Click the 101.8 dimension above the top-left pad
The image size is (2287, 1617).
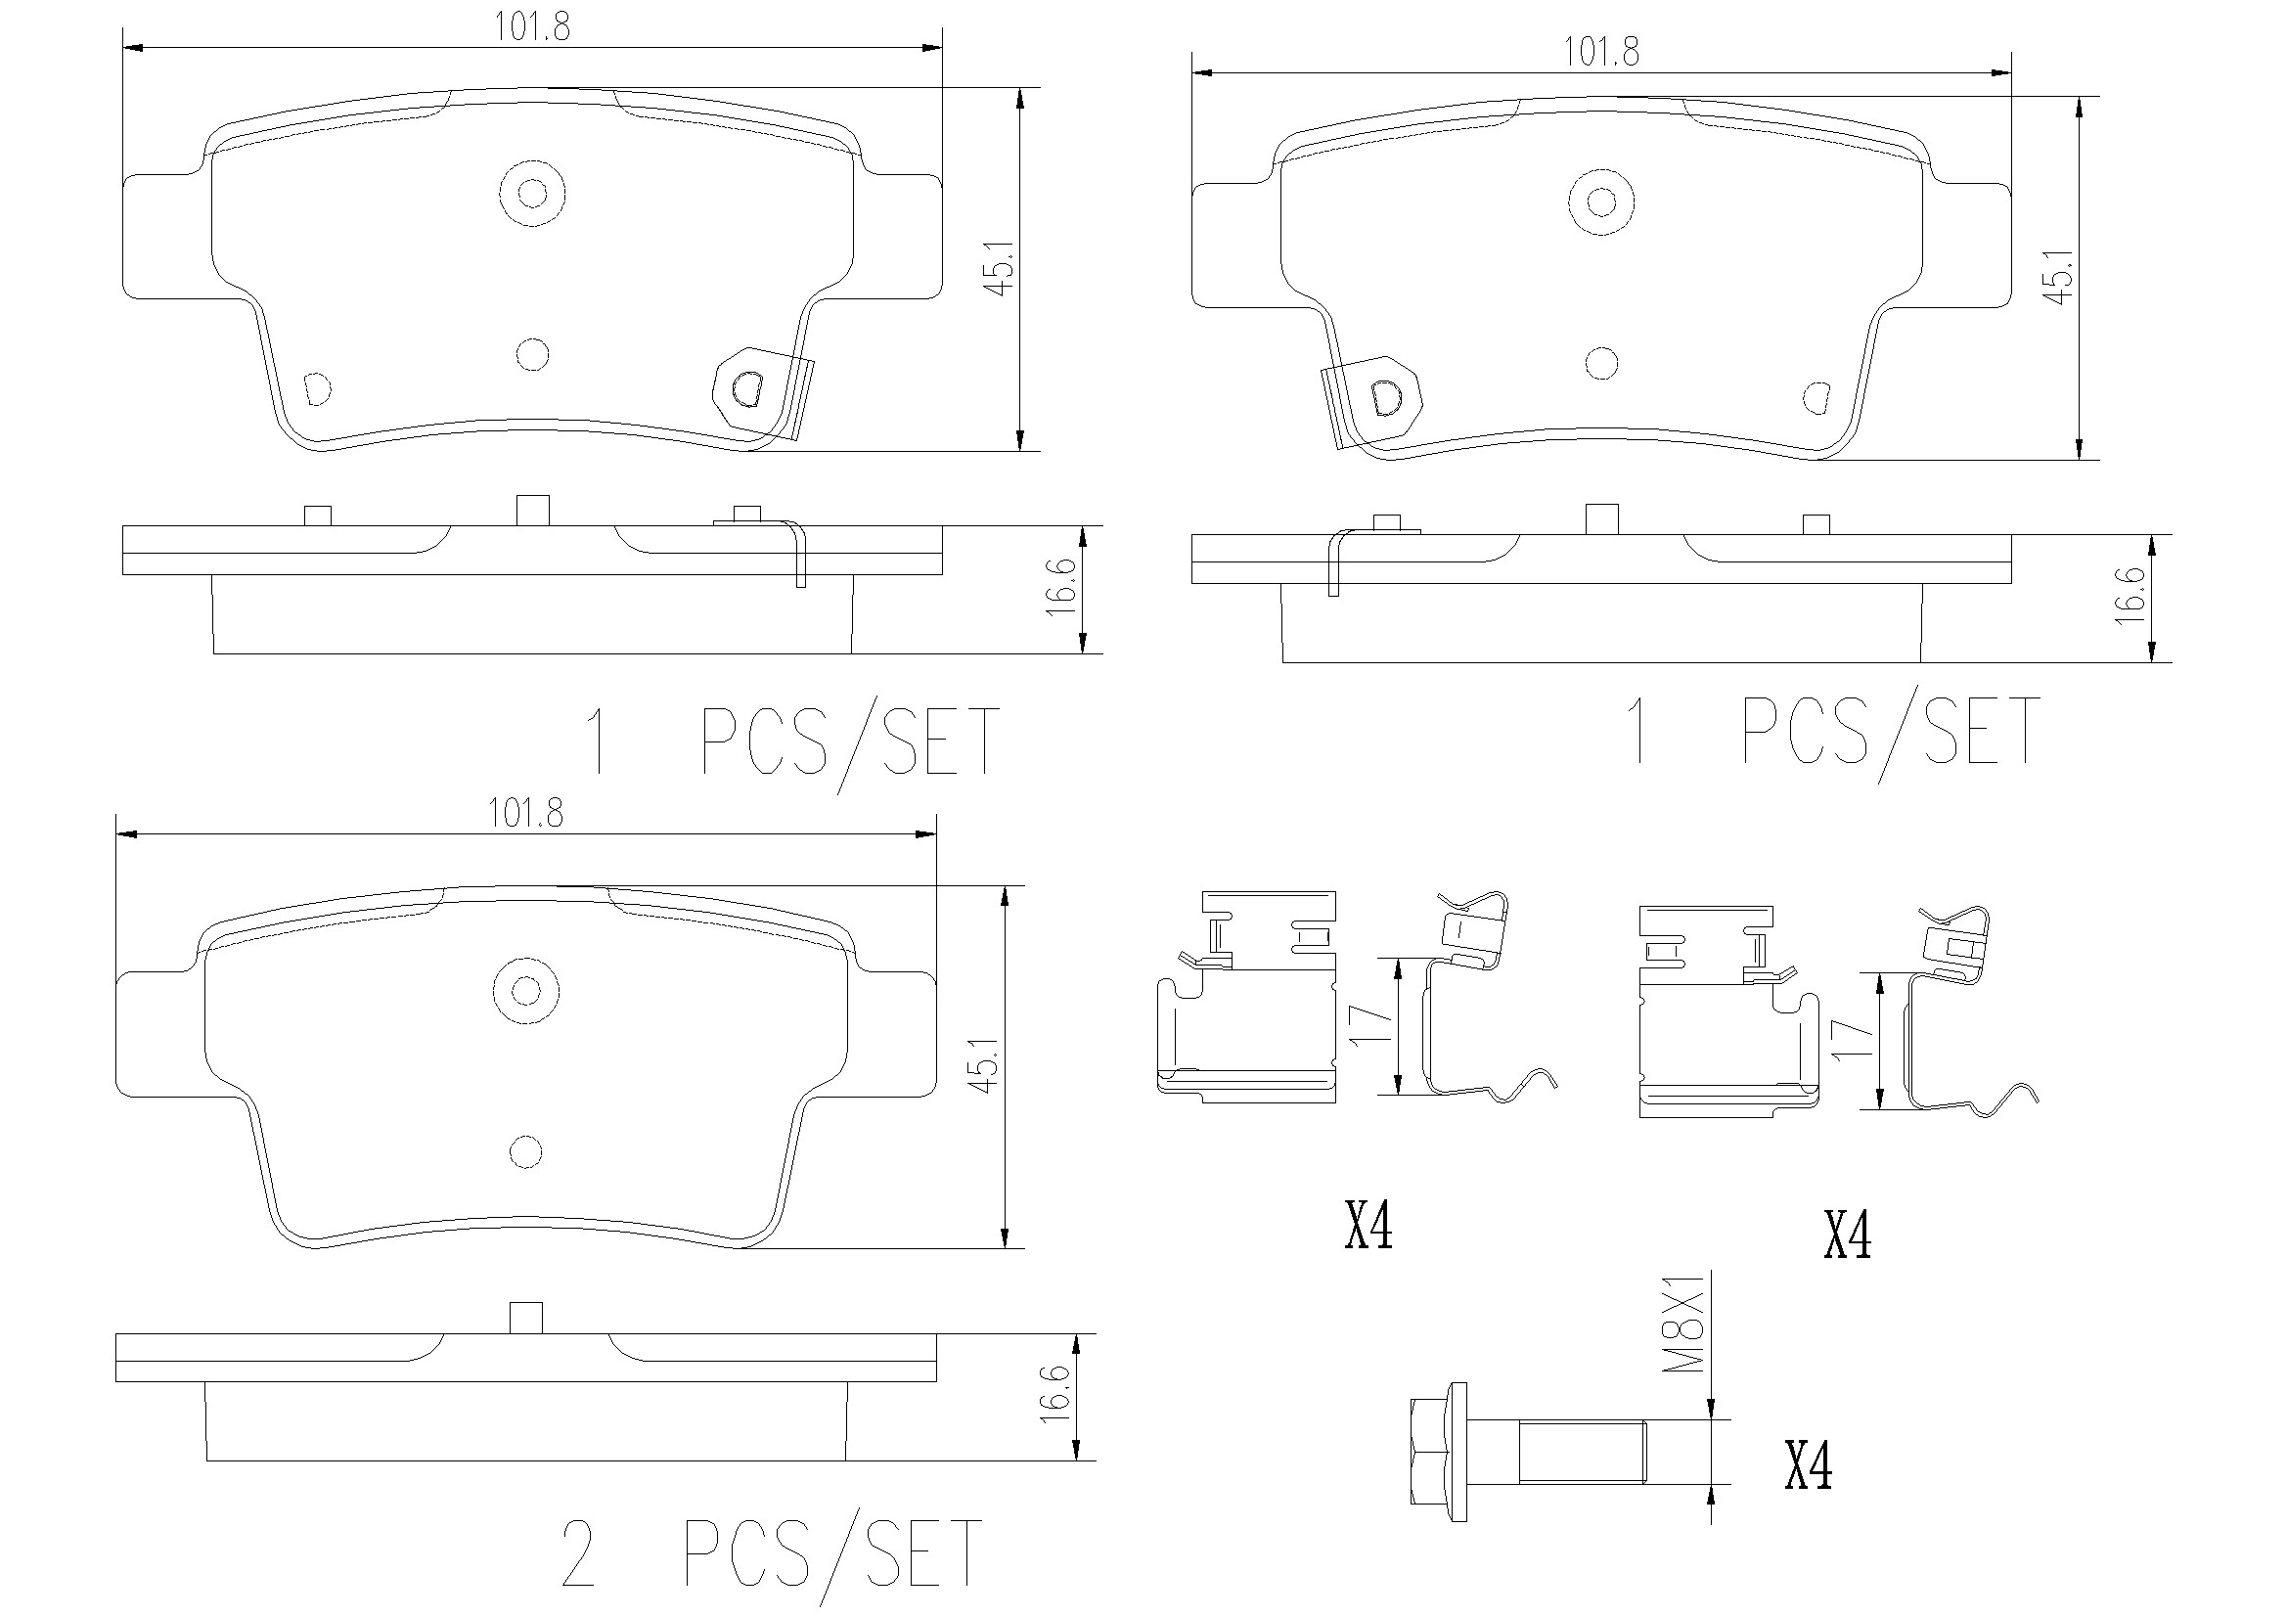532,26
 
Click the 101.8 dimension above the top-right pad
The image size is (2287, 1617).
1600,52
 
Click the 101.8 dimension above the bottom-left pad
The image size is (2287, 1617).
525,814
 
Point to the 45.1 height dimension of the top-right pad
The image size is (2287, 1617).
2058,277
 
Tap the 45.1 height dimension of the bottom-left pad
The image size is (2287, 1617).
984,1066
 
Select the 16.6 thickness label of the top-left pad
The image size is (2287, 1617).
1063,588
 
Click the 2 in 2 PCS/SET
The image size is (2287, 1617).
578,1554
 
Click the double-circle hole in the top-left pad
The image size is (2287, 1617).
532,193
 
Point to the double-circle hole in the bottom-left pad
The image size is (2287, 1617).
525,990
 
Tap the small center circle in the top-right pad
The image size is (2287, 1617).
1601,364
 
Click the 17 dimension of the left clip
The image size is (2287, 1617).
1369,1025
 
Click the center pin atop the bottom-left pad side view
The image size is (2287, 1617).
525,1317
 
